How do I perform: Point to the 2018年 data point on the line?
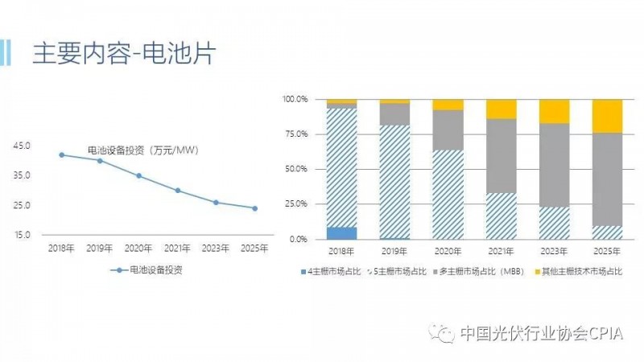[x=62, y=154]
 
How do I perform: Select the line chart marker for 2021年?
[x=177, y=191]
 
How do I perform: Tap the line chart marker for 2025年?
[x=254, y=208]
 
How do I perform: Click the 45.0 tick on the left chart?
[x=22, y=146]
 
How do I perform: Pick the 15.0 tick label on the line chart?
[x=22, y=235]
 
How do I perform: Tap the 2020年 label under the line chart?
[x=138, y=249]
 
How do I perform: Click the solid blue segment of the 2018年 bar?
[x=341, y=233]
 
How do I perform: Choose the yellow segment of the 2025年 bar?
[x=607, y=116]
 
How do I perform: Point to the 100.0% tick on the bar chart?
[x=295, y=100]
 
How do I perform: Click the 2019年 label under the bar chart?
[x=394, y=252]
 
